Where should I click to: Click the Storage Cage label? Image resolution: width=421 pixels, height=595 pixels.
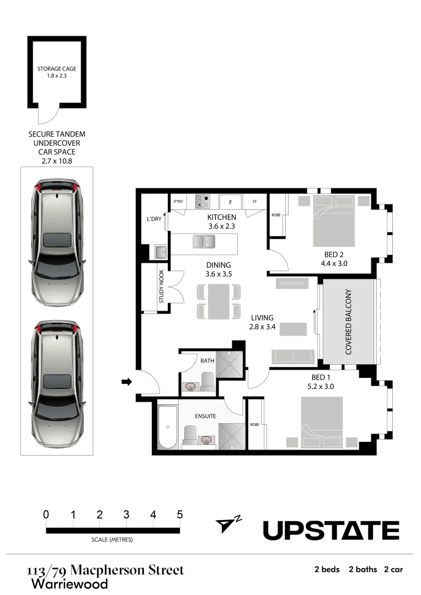(57, 69)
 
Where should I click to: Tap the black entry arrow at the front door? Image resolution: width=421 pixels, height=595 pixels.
(126, 381)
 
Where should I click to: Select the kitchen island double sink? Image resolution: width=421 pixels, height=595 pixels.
(204, 241)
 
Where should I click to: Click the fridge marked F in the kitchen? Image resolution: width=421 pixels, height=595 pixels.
(231, 202)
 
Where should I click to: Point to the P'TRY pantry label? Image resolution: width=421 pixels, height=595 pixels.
(178, 202)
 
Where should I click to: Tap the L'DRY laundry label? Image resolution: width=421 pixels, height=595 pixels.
(154, 219)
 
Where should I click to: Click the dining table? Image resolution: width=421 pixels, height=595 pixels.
(219, 301)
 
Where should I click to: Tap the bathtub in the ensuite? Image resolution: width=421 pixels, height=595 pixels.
(167, 426)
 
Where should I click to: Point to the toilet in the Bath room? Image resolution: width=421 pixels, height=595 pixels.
(207, 381)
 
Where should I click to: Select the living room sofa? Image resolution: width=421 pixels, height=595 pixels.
(292, 356)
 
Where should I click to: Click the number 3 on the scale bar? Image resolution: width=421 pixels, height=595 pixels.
(126, 515)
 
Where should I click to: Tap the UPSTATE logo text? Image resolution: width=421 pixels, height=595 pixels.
(331, 531)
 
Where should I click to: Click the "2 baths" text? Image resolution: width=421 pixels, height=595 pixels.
(363, 569)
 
